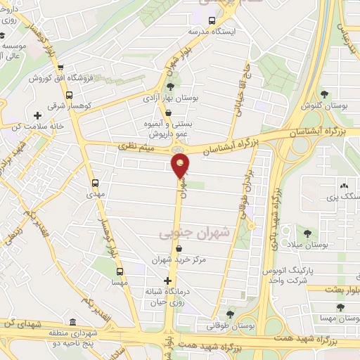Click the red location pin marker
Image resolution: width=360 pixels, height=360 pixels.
181,166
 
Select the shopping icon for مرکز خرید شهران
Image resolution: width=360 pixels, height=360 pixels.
181,249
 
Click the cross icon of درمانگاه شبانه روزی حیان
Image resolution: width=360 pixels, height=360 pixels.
167,281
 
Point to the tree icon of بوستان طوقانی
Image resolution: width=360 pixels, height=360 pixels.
230,314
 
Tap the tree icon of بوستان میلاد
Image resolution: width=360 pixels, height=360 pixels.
307,232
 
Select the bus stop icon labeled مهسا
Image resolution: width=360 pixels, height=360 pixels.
120,271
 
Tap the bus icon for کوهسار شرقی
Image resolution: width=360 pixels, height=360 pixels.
69,95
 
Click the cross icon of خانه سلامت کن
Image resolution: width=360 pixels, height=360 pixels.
37,115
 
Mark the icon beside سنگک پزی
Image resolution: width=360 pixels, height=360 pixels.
344,186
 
